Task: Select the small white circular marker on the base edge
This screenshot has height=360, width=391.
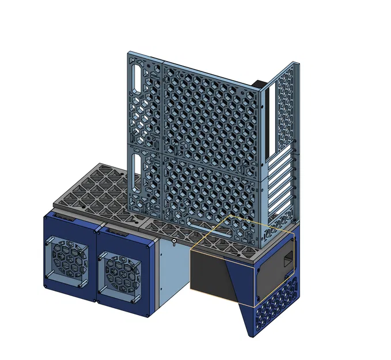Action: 174,240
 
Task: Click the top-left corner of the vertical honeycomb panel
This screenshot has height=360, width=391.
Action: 130,54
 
